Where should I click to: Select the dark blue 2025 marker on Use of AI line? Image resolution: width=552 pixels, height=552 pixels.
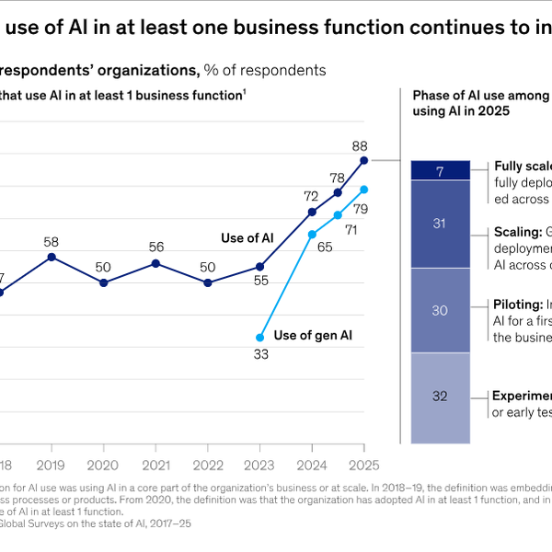point(363,160)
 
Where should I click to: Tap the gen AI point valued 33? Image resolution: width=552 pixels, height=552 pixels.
point(260,338)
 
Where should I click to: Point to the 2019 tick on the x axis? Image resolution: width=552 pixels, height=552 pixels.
point(52,440)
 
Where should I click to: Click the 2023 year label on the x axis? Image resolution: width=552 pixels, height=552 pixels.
point(259,440)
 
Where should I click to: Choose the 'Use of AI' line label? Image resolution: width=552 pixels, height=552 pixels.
point(247,238)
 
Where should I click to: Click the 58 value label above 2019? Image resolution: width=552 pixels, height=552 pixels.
point(52,240)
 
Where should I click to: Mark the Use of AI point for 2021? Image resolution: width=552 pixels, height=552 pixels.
point(155,263)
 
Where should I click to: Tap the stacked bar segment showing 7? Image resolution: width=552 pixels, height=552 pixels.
point(440,170)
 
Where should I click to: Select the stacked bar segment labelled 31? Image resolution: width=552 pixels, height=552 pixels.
point(440,224)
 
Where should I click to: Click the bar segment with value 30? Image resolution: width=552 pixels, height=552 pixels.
point(440,310)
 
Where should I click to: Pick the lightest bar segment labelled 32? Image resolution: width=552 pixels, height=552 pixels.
point(440,397)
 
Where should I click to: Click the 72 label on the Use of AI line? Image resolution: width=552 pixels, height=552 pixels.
point(311,196)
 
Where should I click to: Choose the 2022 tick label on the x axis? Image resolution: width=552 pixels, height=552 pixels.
point(207,440)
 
